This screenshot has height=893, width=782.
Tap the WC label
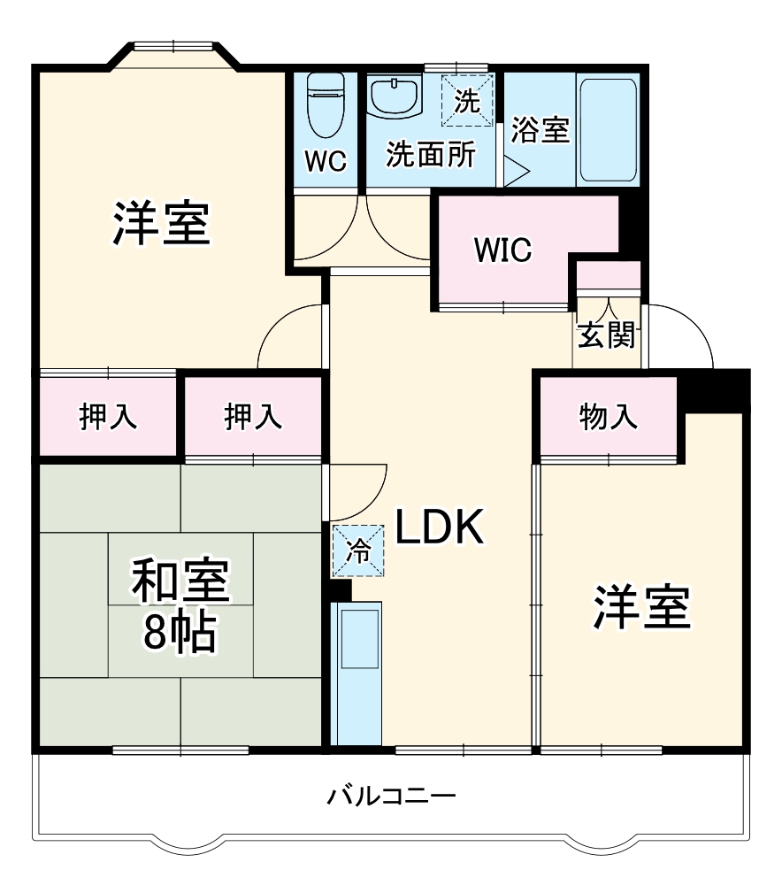326,161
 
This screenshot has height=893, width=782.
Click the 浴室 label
540,131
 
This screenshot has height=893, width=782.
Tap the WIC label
502,250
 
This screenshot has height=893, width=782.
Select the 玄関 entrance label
607,335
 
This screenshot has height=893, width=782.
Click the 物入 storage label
609,417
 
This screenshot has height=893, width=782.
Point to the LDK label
439,528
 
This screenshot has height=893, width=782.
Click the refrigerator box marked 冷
359,550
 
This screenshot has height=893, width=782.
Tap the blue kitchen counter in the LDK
356,673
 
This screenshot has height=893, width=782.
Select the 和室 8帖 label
180,606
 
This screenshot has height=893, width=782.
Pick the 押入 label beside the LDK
253,417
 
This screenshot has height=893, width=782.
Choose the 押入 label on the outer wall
108,417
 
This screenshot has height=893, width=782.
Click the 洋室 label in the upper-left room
161,224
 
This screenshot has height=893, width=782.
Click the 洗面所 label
431,155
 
